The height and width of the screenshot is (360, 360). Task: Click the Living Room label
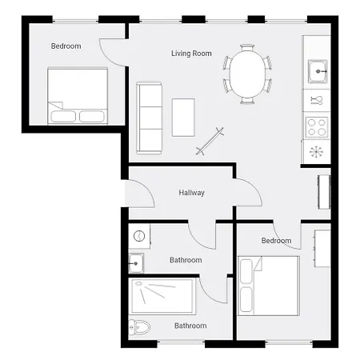point(190,54)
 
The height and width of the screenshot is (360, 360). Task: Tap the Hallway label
point(191,193)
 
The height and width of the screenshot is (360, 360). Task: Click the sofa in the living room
point(148,118)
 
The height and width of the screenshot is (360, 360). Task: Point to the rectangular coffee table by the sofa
point(183,117)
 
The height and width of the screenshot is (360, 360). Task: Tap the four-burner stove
point(317,126)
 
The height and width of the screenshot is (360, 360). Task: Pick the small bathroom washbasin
point(137,262)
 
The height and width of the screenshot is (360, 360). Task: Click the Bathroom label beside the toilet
point(190,326)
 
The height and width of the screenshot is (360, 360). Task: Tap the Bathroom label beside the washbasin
point(186,260)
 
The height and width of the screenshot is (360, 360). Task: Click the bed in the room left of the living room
point(77,96)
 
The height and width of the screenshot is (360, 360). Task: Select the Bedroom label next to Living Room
point(66,46)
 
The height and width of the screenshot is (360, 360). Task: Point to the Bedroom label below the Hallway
point(276,241)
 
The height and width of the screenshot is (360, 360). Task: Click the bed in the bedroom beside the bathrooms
point(269,284)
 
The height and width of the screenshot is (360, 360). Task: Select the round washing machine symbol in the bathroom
point(138,236)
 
